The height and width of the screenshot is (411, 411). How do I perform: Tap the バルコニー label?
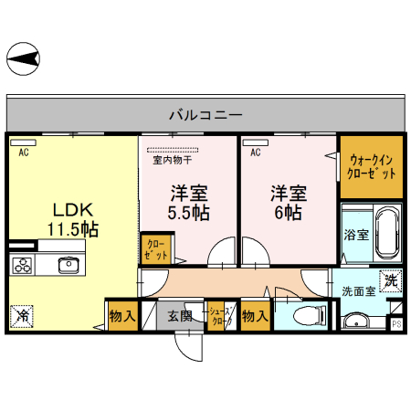pos(205,115)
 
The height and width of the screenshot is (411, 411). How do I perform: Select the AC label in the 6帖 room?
pos(256,153)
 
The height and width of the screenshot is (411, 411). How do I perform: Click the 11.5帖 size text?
pos(73,228)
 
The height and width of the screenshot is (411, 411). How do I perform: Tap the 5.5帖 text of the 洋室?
pos(189,212)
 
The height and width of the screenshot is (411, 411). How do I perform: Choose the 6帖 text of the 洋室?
pos(287,212)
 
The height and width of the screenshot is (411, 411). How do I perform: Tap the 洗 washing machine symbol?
pos(391,281)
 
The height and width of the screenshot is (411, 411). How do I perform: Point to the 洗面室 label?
pos(359,291)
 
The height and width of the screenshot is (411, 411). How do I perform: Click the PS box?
pos(396,323)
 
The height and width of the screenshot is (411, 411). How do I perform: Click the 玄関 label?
pos(180,317)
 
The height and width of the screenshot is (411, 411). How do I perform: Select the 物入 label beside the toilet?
pos(256,317)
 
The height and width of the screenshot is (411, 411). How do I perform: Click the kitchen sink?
pos(68,265)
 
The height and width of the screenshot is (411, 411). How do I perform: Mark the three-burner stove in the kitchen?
pos(23,265)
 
